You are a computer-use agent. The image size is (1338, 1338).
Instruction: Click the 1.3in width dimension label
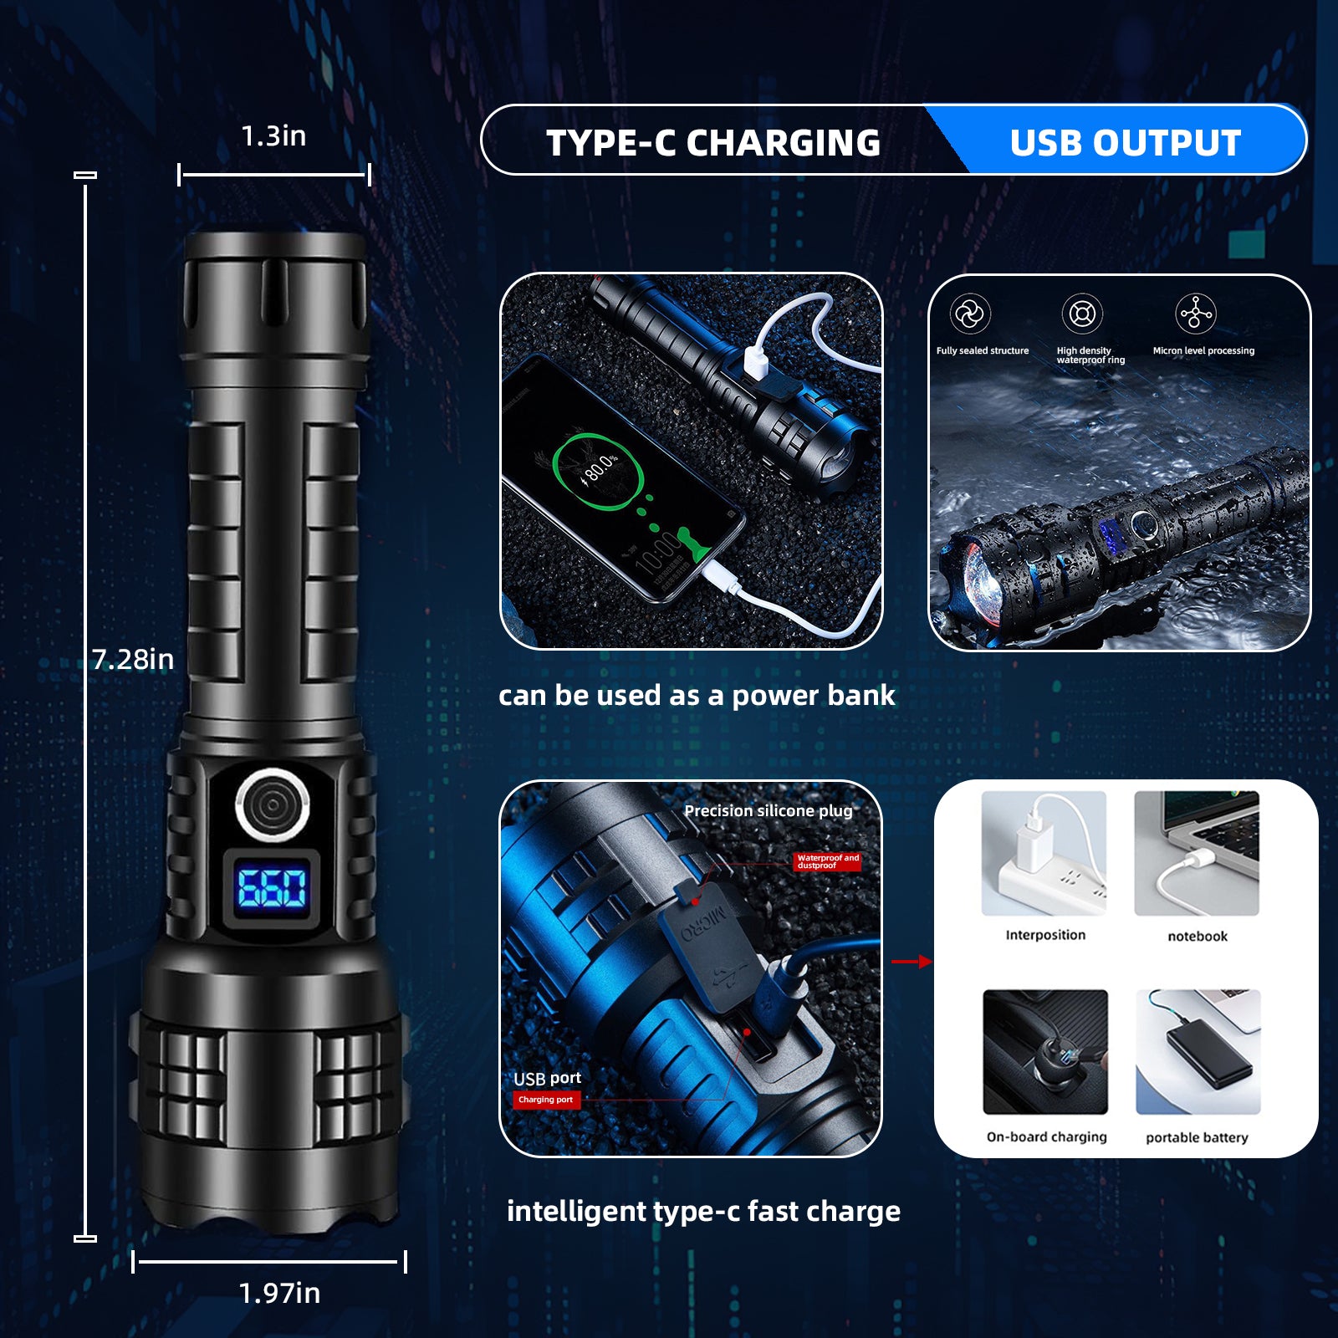[273, 135]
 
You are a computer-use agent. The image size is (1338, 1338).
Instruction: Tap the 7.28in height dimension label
[133, 659]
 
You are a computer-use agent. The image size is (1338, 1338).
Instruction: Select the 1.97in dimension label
[279, 1293]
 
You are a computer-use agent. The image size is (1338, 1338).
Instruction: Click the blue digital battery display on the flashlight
[272, 888]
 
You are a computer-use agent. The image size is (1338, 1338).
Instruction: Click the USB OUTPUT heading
[1125, 143]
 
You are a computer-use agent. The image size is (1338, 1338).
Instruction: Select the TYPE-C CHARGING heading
[713, 143]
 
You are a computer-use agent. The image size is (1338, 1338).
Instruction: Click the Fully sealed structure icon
[970, 314]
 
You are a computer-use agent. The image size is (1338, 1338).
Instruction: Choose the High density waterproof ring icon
[1082, 314]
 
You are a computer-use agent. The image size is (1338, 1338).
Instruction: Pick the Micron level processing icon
[1196, 314]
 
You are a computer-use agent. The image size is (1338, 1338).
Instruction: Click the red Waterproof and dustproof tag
[827, 861]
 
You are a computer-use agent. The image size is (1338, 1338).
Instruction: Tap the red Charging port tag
[546, 1100]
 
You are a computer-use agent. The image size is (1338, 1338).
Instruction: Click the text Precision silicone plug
[769, 811]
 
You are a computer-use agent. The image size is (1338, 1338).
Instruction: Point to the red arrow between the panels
[912, 962]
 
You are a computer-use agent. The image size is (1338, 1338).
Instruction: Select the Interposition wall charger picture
[1044, 853]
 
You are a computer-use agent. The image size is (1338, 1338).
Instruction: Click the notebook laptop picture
[1197, 853]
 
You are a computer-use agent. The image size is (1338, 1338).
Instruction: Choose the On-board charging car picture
[1045, 1052]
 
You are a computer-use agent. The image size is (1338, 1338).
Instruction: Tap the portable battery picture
[1198, 1052]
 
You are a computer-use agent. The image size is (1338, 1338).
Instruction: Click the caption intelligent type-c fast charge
[703, 1212]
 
